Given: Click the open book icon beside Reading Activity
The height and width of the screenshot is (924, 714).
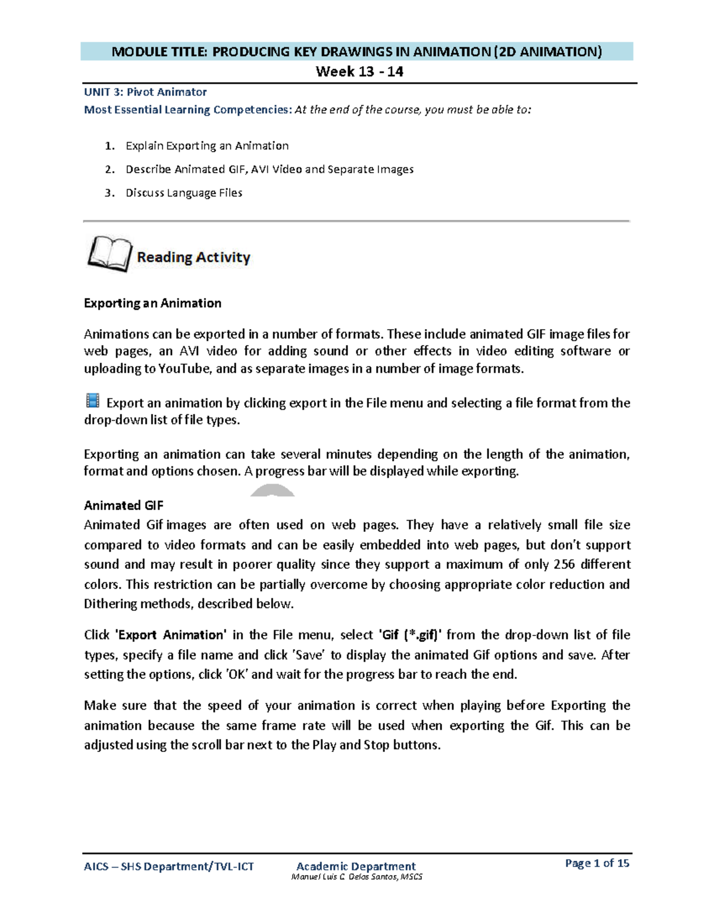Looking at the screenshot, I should [109, 254].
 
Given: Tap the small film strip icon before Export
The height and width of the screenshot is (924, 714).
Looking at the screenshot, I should [92, 400].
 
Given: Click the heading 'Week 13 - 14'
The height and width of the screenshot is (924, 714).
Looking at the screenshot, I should [359, 72].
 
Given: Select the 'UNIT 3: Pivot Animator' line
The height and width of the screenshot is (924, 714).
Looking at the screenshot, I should [145, 92].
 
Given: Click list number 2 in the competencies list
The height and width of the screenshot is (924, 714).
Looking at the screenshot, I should [109, 170].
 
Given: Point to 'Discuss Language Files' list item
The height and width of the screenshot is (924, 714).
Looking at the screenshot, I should [184, 193].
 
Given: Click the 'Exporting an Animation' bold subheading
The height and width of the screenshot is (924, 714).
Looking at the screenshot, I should [152, 303].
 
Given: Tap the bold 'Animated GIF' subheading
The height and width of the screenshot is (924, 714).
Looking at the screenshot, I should [123, 506].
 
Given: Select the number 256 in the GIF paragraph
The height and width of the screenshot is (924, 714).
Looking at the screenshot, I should [563, 565].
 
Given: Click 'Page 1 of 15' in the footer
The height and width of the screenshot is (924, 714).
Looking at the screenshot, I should [597, 863].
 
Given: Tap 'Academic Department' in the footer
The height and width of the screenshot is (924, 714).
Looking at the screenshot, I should [356, 866].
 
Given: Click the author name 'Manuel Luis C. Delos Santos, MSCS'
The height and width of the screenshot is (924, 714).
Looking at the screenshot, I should [356, 877].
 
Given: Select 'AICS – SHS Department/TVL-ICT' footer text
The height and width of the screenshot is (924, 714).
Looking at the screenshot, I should [168, 867].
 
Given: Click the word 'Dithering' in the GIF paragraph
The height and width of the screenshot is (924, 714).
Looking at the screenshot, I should [110, 604].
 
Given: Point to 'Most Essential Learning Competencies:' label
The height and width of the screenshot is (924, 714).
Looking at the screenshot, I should [188, 110].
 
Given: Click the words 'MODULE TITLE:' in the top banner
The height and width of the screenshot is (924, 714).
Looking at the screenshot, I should [159, 52].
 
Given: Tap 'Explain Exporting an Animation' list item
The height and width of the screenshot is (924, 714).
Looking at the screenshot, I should [207, 146].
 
